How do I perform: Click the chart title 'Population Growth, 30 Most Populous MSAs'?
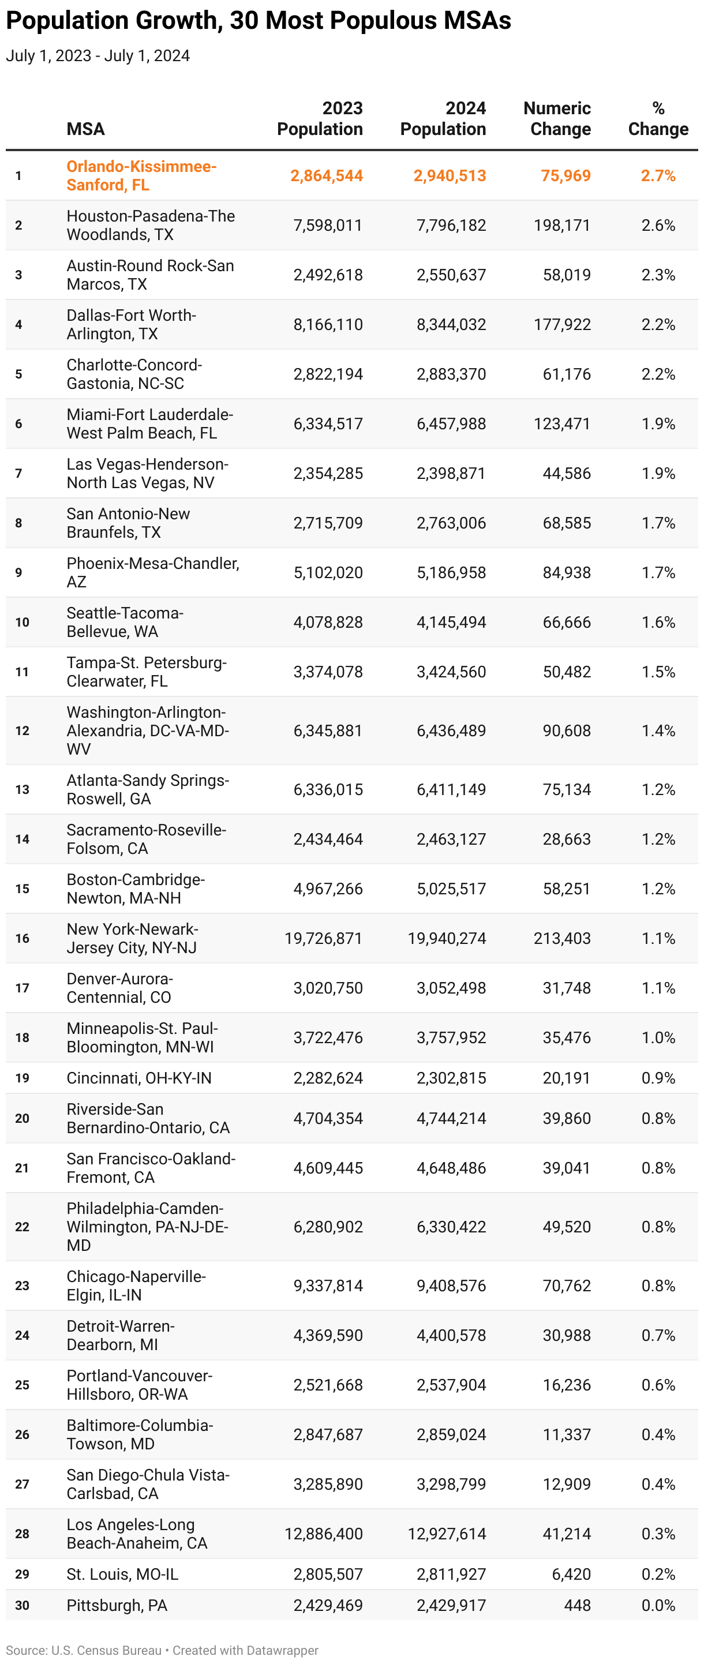click(x=259, y=21)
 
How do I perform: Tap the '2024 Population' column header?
click(x=443, y=119)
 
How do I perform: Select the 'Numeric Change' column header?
click(x=557, y=119)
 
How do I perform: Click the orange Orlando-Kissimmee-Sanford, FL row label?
click(x=141, y=176)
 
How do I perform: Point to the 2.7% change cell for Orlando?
click(x=658, y=176)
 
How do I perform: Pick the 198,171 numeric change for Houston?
click(x=562, y=226)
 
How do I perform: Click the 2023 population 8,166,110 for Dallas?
click(x=328, y=324)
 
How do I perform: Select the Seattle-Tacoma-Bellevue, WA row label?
click(x=125, y=622)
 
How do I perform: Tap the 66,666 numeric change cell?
click(x=567, y=622)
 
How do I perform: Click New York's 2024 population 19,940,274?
click(x=447, y=939)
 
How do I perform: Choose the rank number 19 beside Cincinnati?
click(x=22, y=1078)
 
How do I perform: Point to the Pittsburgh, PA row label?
click(x=117, y=1606)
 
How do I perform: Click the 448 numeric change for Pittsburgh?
click(x=578, y=1606)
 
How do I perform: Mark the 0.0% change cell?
click(x=658, y=1606)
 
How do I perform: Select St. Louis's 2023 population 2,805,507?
click(x=328, y=1574)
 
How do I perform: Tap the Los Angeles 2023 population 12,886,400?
click(x=324, y=1534)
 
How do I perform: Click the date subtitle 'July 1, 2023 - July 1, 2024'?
click(x=98, y=56)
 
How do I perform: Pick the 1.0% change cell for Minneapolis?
click(x=658, y=1037)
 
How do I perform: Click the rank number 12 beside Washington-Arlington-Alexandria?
click(x=22, y=730)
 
